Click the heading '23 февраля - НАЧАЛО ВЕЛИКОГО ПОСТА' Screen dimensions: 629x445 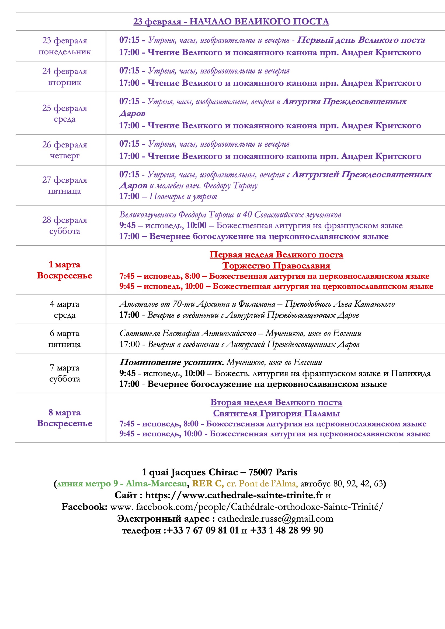[x=231, y=21]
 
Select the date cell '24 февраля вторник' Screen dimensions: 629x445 [x=64, y=76]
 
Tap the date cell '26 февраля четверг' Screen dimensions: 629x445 [x=64, y=150]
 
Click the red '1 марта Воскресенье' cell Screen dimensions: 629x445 [x=64, y=270]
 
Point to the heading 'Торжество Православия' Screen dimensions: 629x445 [x=276, y=266]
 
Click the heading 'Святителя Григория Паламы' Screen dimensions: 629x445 [x=276, y=413]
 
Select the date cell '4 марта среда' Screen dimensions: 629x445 [x=64, y=309]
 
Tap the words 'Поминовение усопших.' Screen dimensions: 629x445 [x=172, y=362]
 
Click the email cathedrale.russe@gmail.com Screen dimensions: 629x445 [x=275, y=519]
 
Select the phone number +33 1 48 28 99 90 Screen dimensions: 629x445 [x=286, y=530]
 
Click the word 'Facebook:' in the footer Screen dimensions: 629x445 [x=84, y=507]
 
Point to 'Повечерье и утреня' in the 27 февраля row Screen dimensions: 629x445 [x=183, y=196]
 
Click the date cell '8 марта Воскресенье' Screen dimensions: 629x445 [x=64, y=418]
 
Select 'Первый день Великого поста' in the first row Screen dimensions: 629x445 [x=361, y=40]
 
